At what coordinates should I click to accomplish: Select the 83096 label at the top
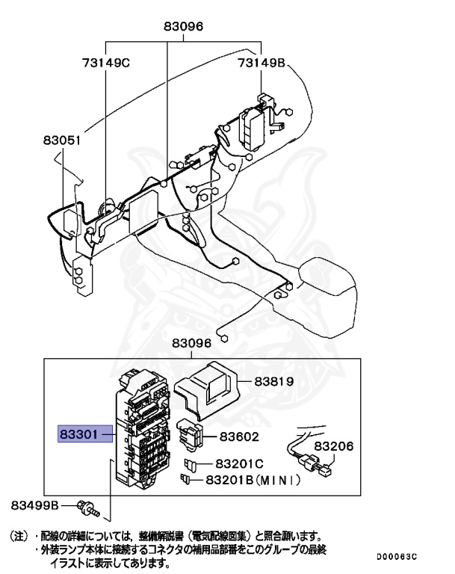tap(184, 28)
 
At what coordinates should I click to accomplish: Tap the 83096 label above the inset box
tap(193, 343)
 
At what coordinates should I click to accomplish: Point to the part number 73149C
tap(106, 63)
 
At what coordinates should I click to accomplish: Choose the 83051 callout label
tap(61, 140)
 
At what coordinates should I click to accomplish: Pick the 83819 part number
tap(273, 380)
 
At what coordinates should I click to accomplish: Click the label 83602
tap(239, 436)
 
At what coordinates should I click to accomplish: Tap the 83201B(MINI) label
tap(253, 480)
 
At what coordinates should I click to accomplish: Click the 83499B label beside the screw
tap(34, 505)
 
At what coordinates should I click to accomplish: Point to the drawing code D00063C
tap(396, 557)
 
